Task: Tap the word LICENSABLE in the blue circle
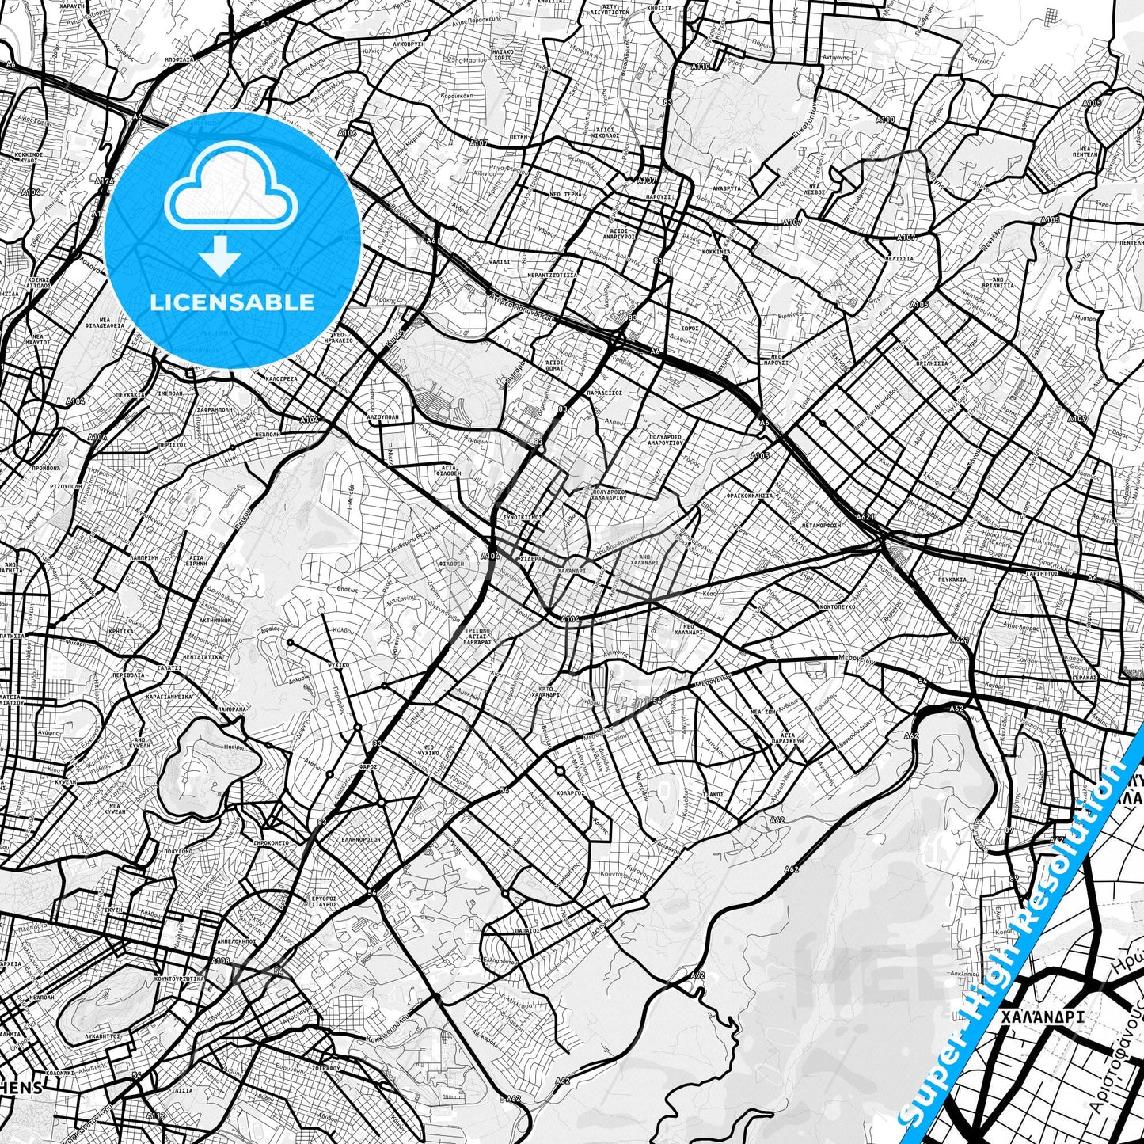click(x=231, y=302)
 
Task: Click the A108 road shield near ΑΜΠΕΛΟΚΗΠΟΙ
click(x=221, y=961)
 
